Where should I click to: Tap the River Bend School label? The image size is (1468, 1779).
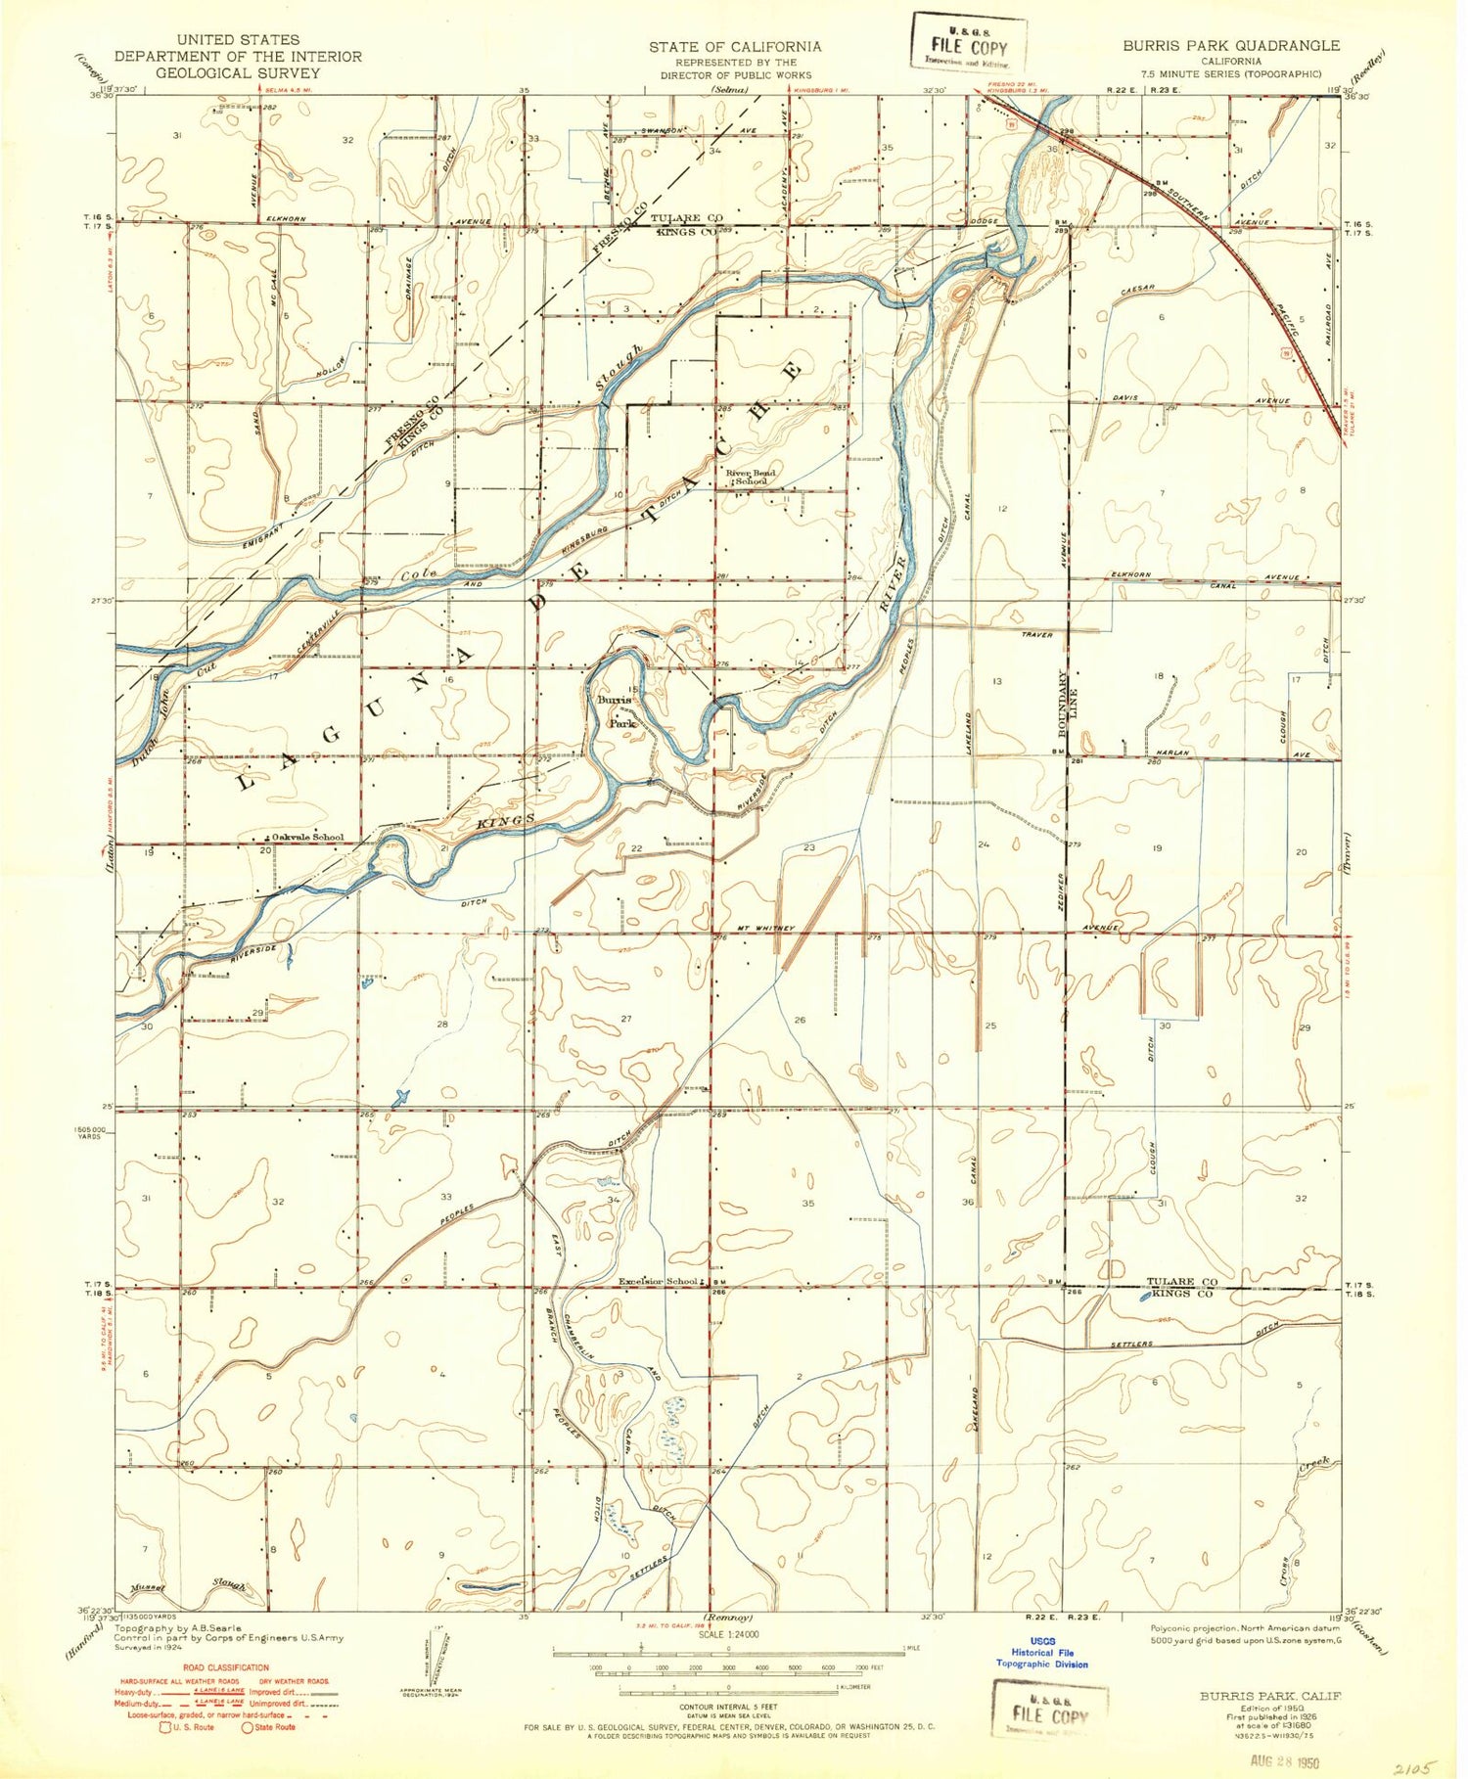coord(751,478)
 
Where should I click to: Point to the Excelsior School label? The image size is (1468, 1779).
coord(658,1281)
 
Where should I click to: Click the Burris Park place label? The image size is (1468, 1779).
coord(619,711)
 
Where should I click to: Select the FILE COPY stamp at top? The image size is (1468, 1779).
coord(962,48)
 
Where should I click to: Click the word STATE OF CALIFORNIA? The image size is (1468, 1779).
coord(734,46)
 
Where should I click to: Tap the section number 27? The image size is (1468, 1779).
coord(626,1019)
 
